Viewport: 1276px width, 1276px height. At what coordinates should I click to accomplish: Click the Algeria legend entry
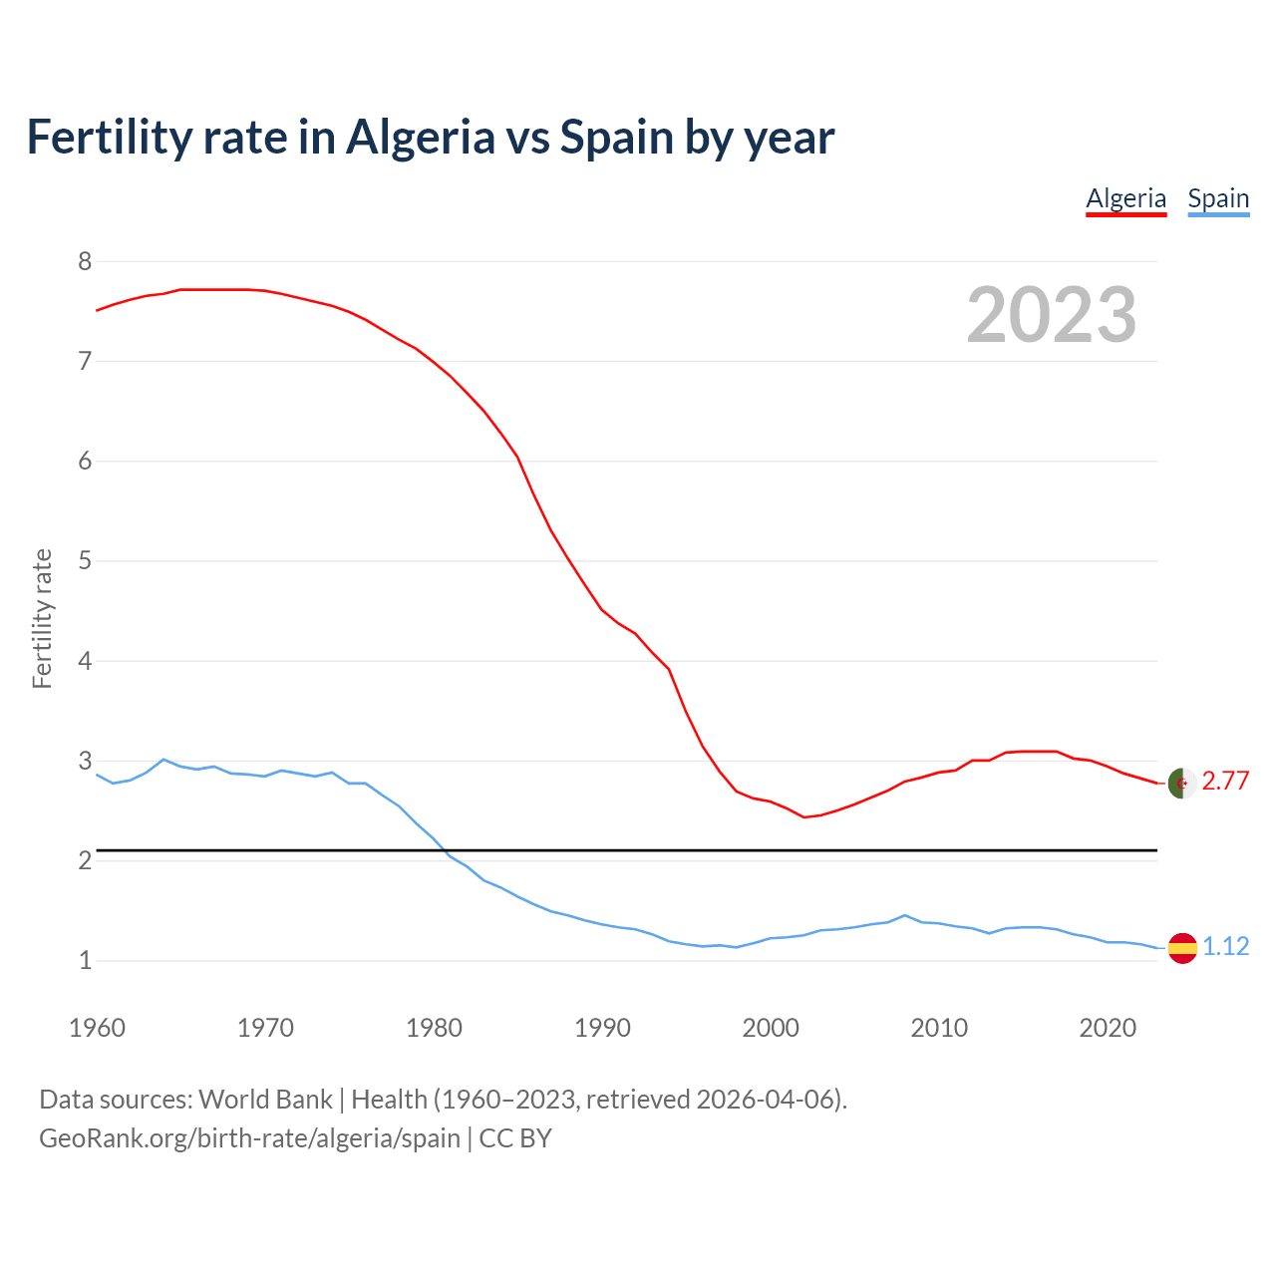coord(1125,198)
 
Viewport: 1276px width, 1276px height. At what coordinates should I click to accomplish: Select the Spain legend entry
coord(1218,198)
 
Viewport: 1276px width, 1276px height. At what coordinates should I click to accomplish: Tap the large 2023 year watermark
coord(1052,315)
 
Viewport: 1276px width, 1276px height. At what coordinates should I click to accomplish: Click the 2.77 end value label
coord(1225,781)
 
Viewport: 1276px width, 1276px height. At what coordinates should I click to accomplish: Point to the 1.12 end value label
coord(1225,946)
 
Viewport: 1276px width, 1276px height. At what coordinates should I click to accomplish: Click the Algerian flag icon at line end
coord(1181,784)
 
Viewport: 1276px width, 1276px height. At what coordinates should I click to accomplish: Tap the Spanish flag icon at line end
coord(1181,947)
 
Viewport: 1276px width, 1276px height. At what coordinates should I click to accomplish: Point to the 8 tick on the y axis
coord(85,261)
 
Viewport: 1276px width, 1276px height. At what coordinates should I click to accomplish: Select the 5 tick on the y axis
coord(85,560)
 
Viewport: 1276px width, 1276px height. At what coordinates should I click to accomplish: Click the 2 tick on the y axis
coord(85,860)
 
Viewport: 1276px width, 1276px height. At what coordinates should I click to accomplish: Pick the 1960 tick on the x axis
coord(97,1028)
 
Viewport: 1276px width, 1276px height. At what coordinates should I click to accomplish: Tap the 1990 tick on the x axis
coord(602,1028)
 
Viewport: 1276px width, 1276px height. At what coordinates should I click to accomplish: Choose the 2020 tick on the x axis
coord(1108,1028)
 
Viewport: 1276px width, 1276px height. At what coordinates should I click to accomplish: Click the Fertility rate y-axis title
coord(42,618)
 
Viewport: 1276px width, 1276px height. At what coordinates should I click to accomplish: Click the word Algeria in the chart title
coord(420,138)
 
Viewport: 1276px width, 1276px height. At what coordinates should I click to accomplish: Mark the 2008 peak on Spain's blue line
coord(904,915)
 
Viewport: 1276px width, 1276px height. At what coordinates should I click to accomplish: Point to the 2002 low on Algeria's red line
coord(803,817)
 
